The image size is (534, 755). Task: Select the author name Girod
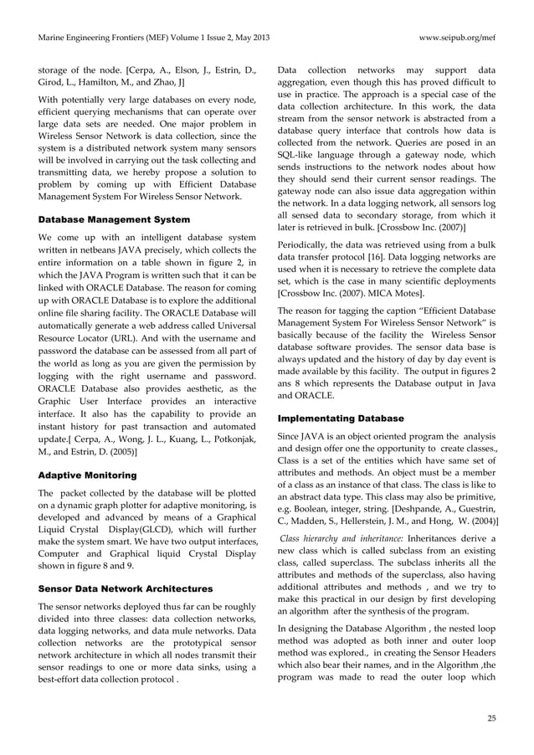tap(52, 81)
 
